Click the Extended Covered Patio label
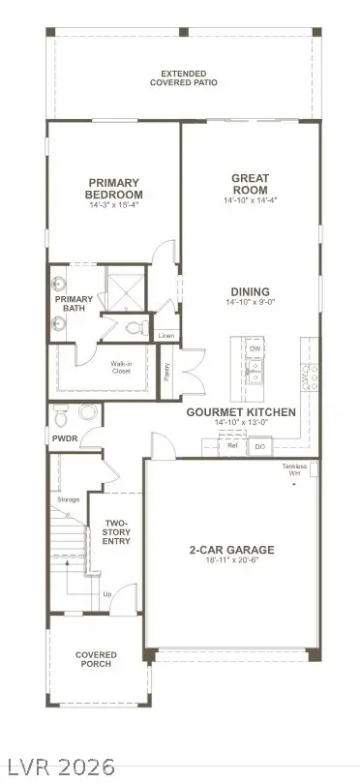point(189,78)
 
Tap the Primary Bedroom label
point(114,188)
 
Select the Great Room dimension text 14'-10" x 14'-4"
point(249,200)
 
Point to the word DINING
point(250,291)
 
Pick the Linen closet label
point(166,337)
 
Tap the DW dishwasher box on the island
point(255,348)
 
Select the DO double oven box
point(260,446)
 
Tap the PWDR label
point(64,438)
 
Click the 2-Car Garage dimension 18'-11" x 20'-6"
point(231,562)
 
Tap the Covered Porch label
point(96,659)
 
